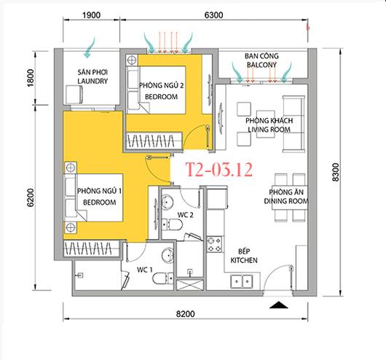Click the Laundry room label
[93, 77]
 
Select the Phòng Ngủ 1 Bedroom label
[98, 196]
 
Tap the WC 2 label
[186, 215]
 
